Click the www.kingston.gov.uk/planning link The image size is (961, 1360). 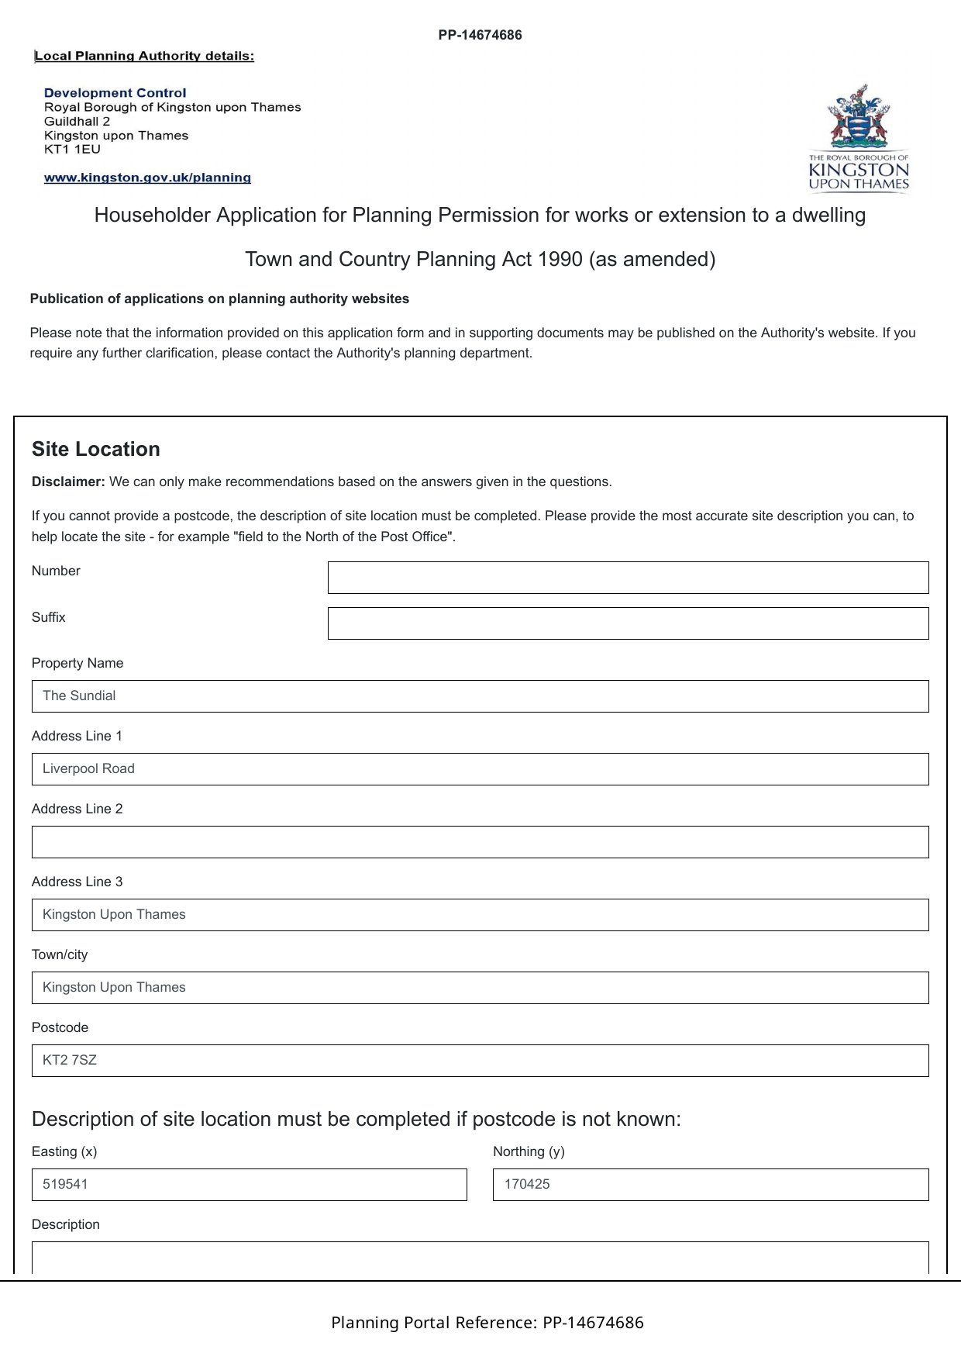[147, 178]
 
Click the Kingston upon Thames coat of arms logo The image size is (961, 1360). [858, 137]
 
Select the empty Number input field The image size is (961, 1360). [628, 578]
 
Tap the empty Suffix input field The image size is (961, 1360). [628, 623]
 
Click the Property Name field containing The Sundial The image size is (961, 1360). [480, 696]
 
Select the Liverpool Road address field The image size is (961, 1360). [480, 769]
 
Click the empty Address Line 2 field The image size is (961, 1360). [480, 842]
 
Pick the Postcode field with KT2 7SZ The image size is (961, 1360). [480, 1061]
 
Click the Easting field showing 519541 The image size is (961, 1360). [249, 1185]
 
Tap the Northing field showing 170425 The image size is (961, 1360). [710, 1185]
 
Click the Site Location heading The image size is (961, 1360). [96, 450]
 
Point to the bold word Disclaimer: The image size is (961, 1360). [68, 482]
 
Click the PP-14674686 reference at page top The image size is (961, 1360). [480, 35]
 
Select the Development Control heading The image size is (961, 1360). [115, 93]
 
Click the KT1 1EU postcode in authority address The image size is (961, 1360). [72, 150]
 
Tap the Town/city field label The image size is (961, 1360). [60, 954]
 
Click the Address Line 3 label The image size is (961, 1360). [77, 882]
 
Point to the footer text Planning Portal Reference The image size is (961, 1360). [487, 1323]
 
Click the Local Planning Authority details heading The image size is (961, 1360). [144, 56]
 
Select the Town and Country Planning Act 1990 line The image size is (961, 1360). [480, 259]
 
